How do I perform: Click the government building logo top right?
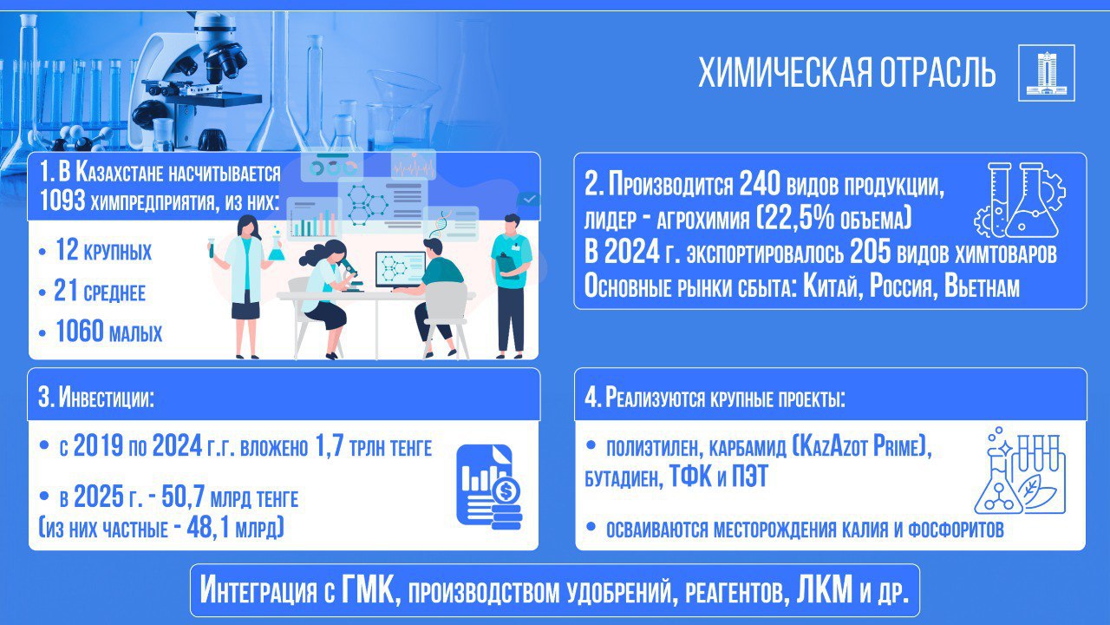[1047, 73]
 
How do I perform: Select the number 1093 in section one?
[62, 201]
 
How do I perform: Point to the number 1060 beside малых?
[79, 331]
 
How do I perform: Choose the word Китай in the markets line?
[830, 286]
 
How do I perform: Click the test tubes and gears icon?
[1020, 201]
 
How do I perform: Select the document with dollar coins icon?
[488, 486]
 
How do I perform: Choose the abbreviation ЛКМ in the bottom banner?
[825, 589]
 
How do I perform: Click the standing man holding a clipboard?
[512, 286]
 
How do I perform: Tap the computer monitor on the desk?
[401, 270]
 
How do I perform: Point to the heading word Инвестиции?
[106, 397]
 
